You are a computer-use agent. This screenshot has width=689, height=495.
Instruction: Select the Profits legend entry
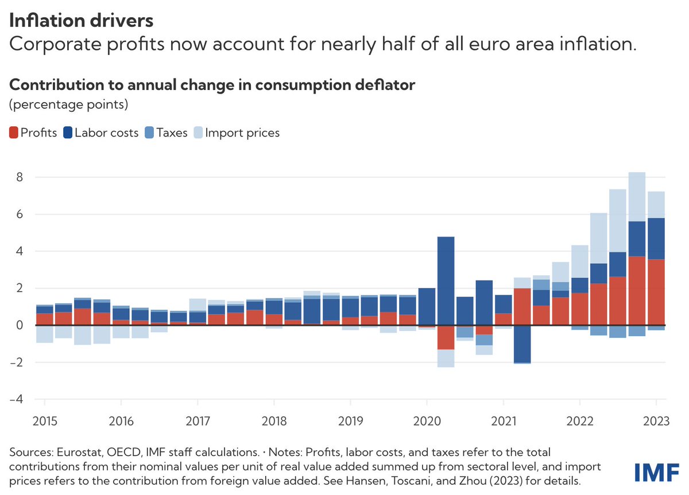click(33, 133)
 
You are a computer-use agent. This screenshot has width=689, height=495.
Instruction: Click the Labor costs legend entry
click(102, 133)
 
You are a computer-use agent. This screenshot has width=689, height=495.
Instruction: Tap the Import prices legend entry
click(236, 133)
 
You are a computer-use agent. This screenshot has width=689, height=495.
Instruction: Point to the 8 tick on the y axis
click(19, 177)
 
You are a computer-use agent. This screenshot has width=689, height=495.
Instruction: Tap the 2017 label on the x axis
click(198, 422)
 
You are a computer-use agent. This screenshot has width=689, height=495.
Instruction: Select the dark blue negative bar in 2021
click(522, 344)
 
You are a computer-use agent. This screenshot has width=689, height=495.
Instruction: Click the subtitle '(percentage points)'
click(68, 105)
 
